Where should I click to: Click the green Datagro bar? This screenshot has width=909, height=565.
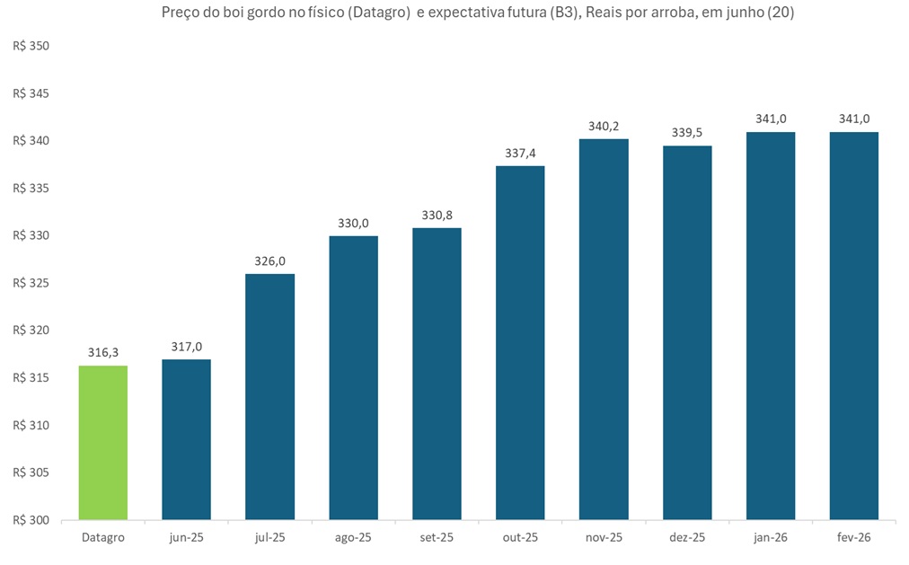(x=103, y=442)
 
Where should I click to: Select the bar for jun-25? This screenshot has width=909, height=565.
(x=186, y=439)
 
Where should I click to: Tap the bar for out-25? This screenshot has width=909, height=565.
(x=520, y=342)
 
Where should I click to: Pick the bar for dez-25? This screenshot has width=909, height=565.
(x=687, y=332)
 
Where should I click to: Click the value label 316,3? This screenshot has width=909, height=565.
(x=103, y=353)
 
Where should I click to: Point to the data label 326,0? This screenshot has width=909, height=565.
(x=270, y=261)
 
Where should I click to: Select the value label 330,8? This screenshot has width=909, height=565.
(x=437, y=216)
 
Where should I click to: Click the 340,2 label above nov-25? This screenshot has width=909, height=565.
(x=604, y=127)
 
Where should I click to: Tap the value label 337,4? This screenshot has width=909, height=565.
(x=520, y=154)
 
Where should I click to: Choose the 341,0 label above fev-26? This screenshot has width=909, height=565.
(x=854, y=119)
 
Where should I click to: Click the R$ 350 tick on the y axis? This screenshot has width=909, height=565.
(x=31, y=46)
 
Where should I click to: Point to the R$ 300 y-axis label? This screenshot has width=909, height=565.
(x=31, y=520)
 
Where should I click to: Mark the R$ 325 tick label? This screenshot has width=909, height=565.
(x=31, y=283)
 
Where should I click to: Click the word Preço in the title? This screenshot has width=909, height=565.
(x=180, y=13)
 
